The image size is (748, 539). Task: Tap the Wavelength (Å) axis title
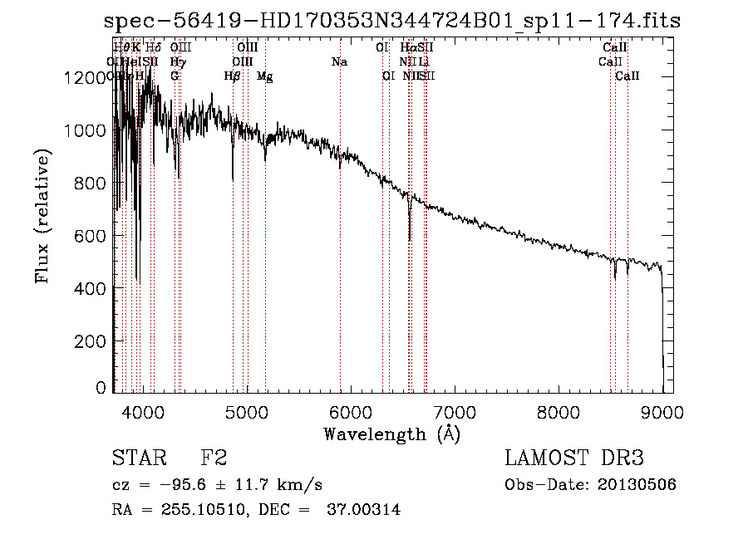391,434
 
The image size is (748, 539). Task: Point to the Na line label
339,61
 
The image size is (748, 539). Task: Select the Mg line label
264,76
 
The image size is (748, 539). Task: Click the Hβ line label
232,76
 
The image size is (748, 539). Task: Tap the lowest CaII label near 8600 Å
627,76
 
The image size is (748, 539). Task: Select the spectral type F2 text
214,458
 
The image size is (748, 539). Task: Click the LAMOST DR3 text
574,458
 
